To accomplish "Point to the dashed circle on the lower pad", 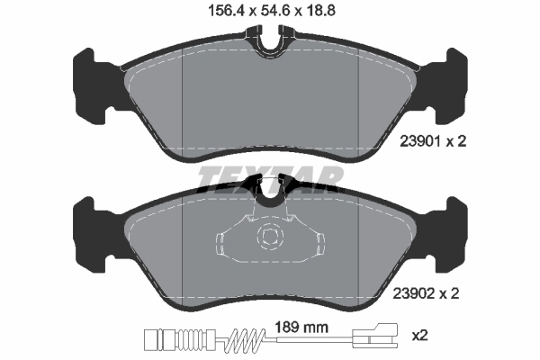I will [x=269, y=239].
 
